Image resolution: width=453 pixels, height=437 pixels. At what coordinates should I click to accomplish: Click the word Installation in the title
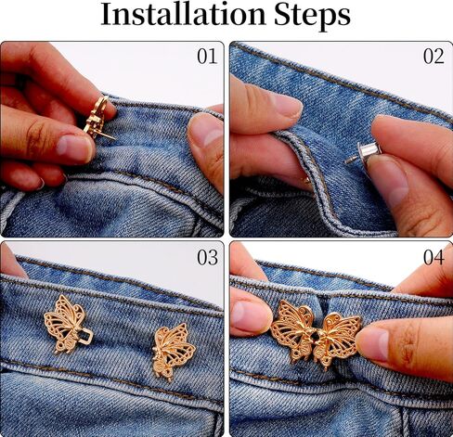183,15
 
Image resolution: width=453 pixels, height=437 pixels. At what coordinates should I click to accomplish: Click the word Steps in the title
312,16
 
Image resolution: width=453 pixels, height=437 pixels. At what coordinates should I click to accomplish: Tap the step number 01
207,57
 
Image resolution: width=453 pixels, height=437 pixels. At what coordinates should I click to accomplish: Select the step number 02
434,57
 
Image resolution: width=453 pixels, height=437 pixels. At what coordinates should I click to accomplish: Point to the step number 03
207,257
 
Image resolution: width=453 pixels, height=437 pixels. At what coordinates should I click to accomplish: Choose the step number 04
434,257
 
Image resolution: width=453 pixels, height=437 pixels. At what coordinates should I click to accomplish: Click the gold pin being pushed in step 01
98,118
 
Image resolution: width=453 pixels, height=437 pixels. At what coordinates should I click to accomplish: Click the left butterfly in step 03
68,324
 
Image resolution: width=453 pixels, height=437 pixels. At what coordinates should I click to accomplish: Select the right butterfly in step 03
174,352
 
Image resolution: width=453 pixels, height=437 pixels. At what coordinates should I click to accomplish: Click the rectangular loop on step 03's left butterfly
85,336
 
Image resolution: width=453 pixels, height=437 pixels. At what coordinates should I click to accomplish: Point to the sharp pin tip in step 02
346,162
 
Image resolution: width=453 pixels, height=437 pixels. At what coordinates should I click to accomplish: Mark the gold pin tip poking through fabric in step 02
307,180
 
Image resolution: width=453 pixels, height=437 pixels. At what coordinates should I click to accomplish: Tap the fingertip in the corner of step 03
11,261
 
